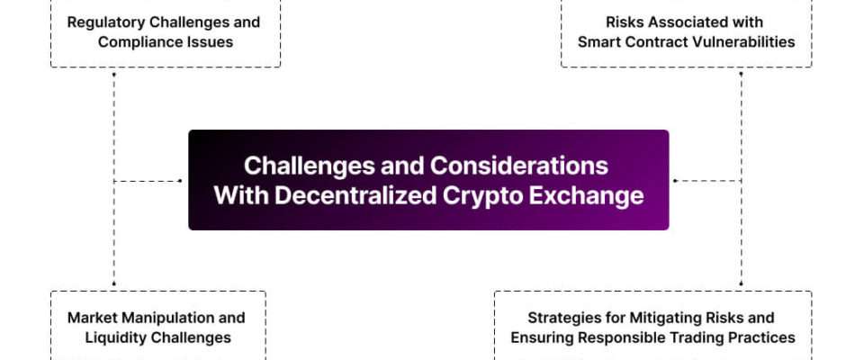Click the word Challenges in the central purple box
pos(310,166)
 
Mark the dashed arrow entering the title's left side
pos(148,181)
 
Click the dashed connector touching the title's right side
pos(706,181)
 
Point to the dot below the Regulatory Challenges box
pos(113,74)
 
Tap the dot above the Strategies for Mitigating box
pos(741,283)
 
